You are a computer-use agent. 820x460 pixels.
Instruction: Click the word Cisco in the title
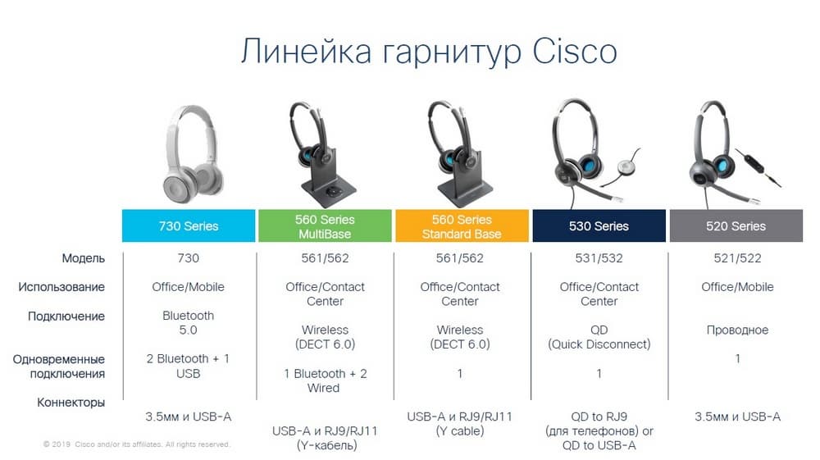[574, 51]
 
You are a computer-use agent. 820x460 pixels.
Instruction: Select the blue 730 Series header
[189, 225]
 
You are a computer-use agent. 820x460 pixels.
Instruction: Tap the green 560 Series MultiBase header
[325, 225]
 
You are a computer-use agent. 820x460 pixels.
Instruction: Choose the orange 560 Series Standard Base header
[462, 225]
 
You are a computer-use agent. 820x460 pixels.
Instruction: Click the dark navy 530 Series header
[599, 225]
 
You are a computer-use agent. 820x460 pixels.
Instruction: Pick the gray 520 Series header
[736, 225]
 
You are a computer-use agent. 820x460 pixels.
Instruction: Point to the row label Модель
[84, 258]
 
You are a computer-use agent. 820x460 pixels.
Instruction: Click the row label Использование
[61, 287]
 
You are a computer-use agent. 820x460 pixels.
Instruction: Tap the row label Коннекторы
[71, 403]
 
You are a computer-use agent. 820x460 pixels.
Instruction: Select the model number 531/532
[599, 258]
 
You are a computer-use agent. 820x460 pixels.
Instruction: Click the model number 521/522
[737, 258]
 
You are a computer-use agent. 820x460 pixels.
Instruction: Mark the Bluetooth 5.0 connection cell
[189, 323]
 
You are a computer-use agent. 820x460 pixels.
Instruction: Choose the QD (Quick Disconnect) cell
[599, 337]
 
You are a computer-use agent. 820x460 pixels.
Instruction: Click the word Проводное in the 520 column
[737, 330]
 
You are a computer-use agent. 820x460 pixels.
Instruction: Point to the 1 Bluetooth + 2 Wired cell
[325, 380]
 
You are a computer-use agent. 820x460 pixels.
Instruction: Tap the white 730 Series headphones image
[191, 153]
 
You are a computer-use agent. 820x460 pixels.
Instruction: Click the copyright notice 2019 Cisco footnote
[136, 444]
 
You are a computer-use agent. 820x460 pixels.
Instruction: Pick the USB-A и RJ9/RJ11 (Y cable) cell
[460, 423]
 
